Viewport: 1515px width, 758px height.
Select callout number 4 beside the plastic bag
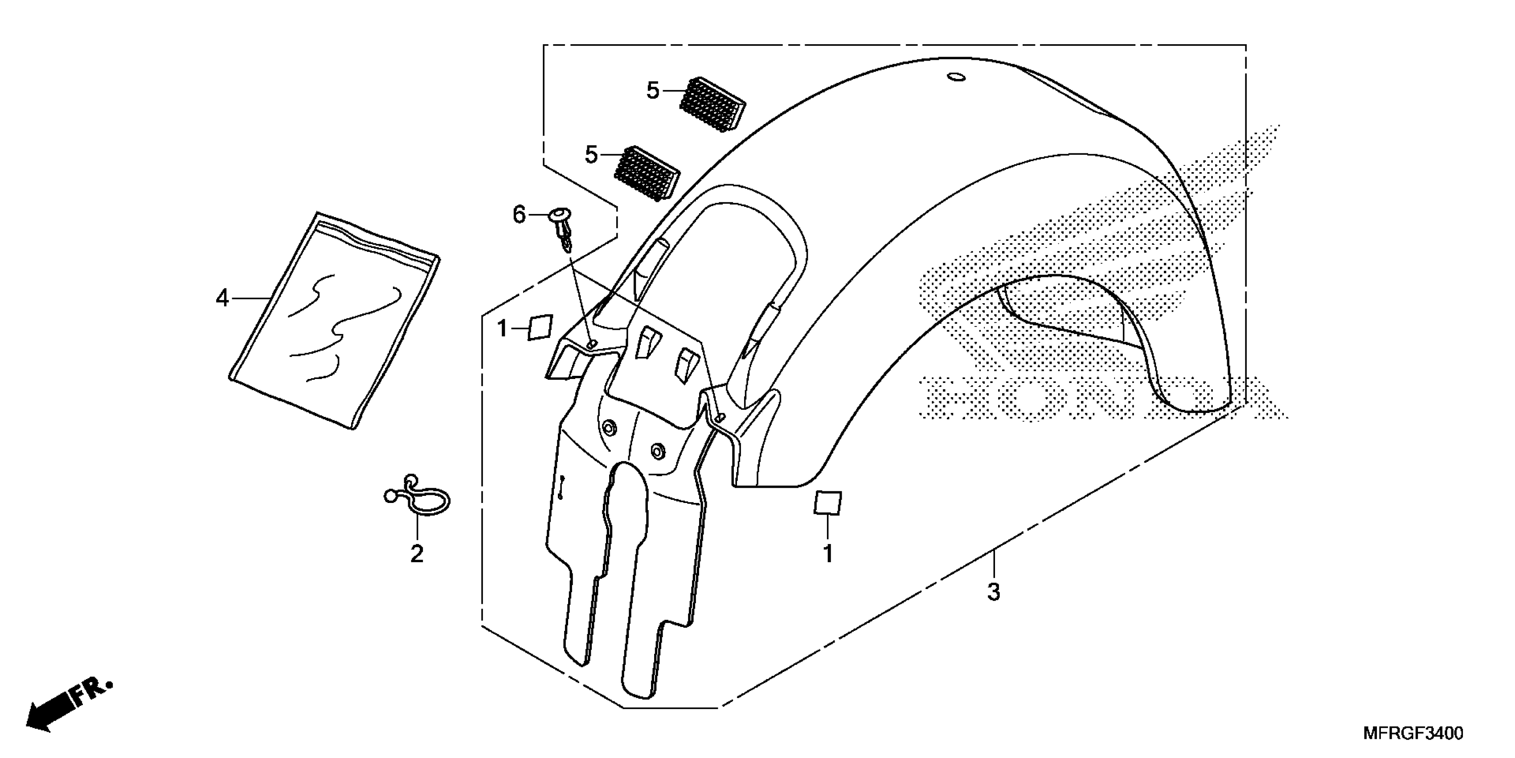222,299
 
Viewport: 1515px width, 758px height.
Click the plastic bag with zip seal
333,320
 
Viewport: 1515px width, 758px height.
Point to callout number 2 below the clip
416,554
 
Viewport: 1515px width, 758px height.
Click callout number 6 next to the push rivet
519,215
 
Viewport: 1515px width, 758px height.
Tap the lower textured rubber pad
647,173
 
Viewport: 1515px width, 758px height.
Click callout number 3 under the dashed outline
993,592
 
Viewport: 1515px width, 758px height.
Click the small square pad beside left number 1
540,327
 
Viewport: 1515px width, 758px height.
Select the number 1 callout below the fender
828,554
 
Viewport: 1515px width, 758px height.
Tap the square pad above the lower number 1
827,503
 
